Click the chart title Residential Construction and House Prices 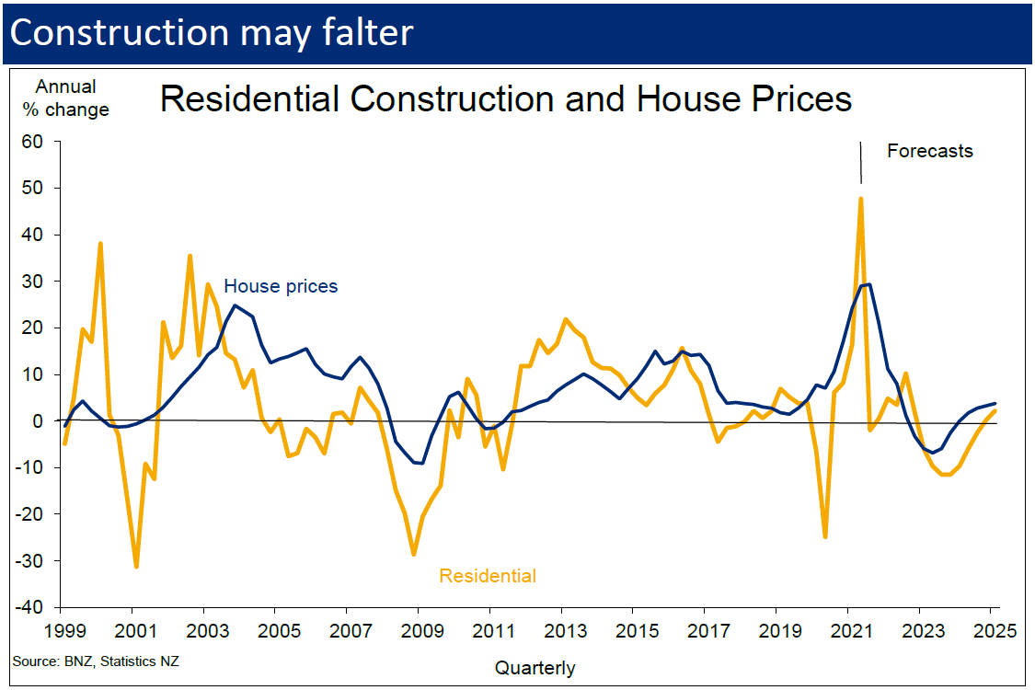[506, 98]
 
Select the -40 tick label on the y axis [31, 607]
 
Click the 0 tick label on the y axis [40, 421]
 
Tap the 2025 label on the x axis [994, 632]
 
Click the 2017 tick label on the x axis [703, 632]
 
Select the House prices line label [281, 286]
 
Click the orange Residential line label [488, 577]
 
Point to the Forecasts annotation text [929, 151]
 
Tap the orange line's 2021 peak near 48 [861, 198]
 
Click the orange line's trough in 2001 [136, 566]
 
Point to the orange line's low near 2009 [414, 554]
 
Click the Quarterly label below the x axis [535, 668]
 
